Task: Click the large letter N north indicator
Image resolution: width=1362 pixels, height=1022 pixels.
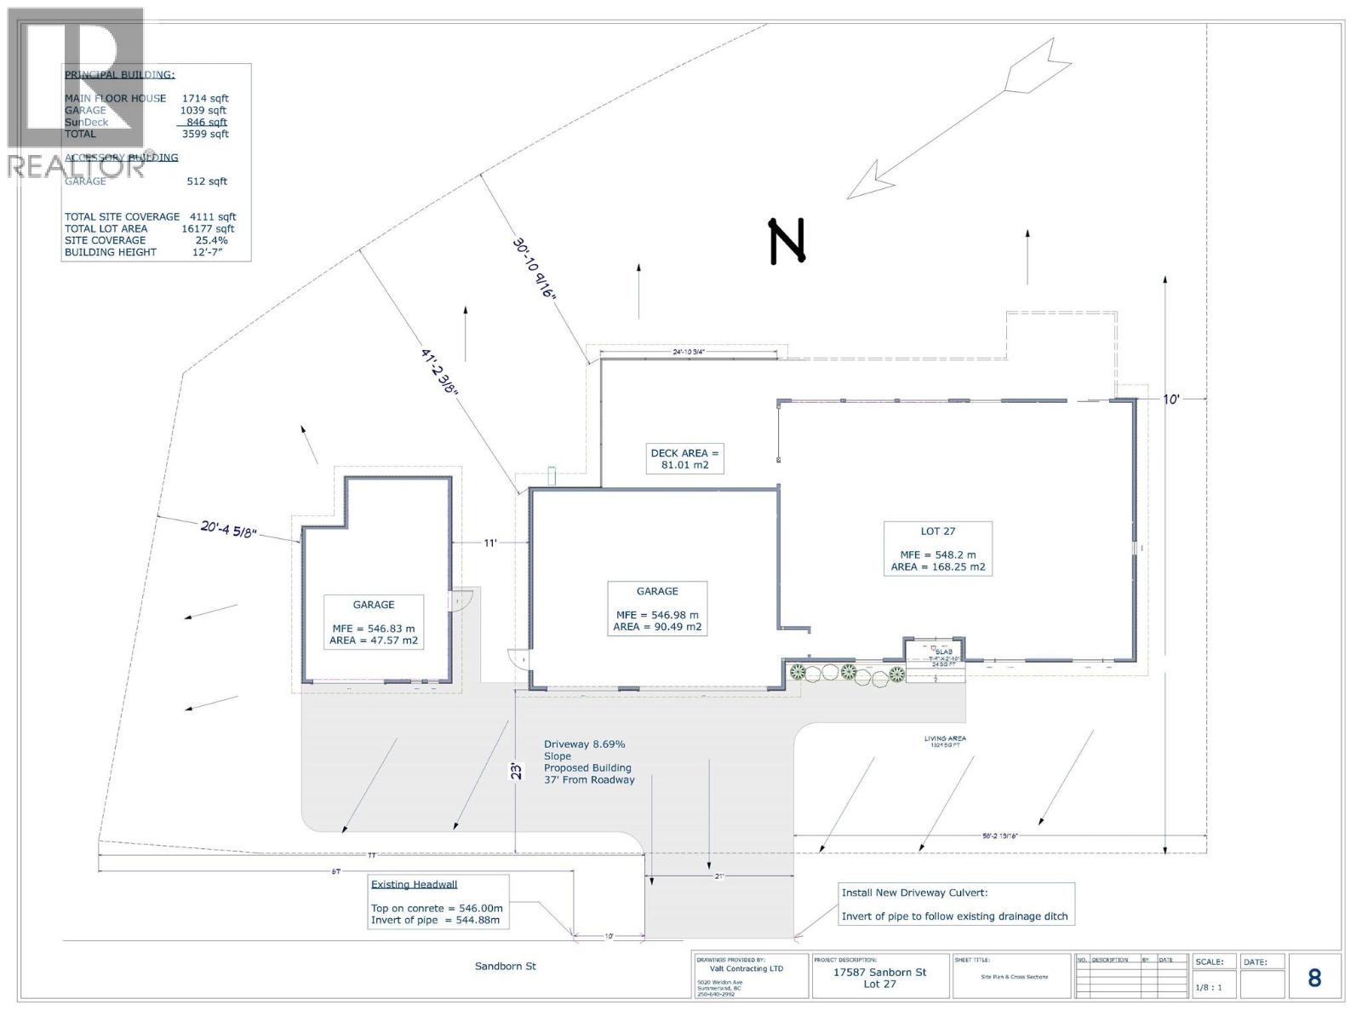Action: point(787,242)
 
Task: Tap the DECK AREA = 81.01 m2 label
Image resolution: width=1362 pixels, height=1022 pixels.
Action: point(684,458)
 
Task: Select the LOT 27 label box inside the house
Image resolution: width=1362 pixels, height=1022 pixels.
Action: point(938,548)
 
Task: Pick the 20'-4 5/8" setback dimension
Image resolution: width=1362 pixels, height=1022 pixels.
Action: point(228,530)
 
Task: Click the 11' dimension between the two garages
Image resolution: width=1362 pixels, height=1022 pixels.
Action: point(490,543)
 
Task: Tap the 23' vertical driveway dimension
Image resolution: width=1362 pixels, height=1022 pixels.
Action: point(516,772)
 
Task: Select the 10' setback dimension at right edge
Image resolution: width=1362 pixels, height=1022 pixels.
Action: point(1171,399)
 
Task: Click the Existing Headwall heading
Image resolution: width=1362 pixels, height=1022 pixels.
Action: point(414,884)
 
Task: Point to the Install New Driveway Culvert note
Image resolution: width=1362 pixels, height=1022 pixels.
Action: point(914,893)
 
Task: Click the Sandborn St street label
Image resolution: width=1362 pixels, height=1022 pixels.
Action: point(506,966)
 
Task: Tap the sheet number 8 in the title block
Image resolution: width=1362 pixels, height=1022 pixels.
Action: point(1314,978)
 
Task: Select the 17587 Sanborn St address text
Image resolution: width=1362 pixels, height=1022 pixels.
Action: point(879,972)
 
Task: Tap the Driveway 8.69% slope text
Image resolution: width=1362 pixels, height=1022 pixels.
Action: point(585,744)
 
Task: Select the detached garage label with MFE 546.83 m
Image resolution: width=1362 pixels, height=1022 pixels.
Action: point(374,622)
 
